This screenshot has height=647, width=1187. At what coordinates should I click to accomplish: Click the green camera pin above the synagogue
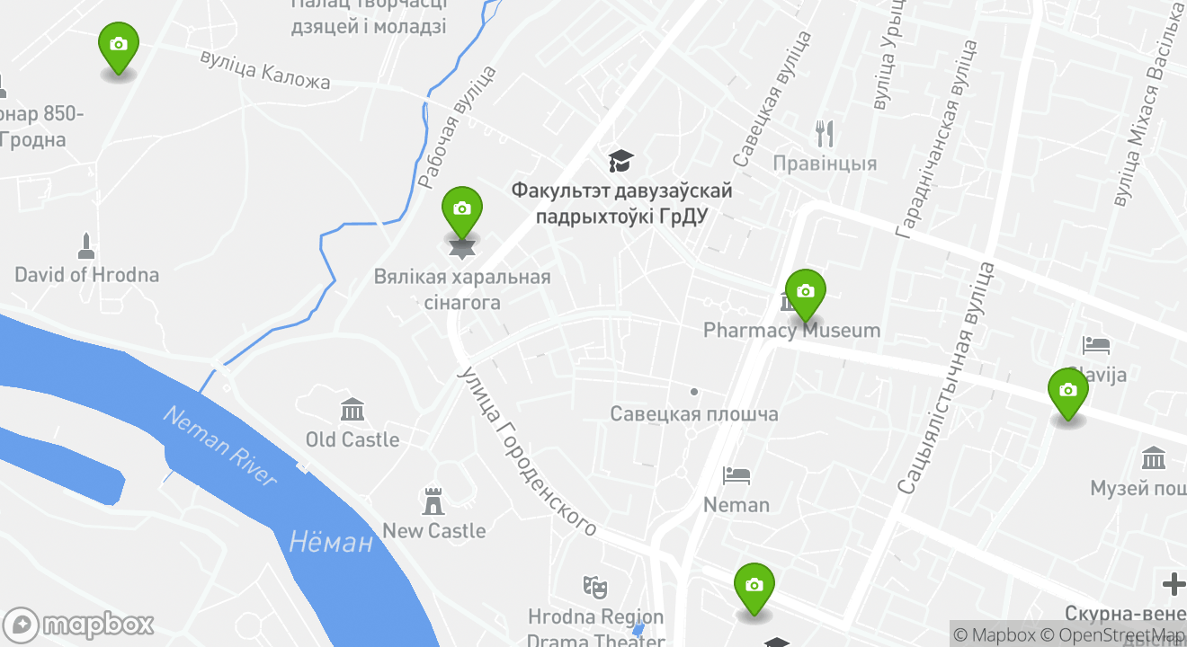[462, 210]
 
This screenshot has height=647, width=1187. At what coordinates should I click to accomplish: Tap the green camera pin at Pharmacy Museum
[805, 293]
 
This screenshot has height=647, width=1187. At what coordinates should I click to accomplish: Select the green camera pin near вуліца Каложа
[118, 46]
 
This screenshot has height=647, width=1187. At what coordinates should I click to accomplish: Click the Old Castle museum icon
[353, 411]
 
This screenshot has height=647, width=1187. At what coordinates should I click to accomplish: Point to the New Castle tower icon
[434, 501]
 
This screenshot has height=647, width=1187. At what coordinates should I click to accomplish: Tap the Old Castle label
[353, 439]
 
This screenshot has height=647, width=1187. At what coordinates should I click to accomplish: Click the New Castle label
[434, 531]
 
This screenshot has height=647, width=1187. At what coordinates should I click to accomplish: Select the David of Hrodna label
[87, 275]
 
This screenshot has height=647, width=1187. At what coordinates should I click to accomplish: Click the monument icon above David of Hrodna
[86, 245]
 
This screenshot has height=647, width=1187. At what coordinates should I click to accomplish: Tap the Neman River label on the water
[221, 446]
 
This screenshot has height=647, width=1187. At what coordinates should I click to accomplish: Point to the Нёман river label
[331, 542]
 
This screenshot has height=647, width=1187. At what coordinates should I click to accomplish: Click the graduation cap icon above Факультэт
[620, 162]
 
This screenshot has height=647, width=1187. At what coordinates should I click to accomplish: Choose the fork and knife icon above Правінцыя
[825, 134]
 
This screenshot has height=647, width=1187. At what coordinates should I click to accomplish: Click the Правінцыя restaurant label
[825, 164]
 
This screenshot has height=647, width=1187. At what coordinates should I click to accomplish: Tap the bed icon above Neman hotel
[736, 475]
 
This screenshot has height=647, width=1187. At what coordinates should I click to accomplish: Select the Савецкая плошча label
[694, 414]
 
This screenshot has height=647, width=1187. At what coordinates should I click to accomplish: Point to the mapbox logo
[78, 625]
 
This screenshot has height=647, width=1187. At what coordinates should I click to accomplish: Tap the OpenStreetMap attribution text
[1116, 635]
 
